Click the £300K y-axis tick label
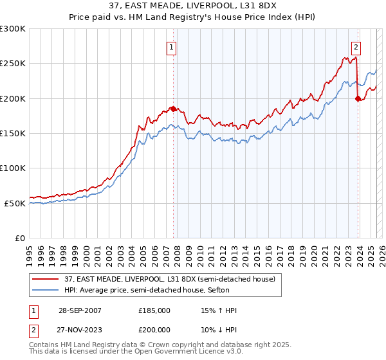pos(13,29)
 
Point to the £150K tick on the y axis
pos(13,134)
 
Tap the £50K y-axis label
pos(15,203)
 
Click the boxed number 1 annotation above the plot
pos(172,46)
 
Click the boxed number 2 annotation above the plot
pos(356,46)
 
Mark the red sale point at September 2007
pos(174,109)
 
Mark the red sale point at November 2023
pos(358,98)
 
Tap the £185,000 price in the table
pos(154,310)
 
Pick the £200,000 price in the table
pos(154,328)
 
